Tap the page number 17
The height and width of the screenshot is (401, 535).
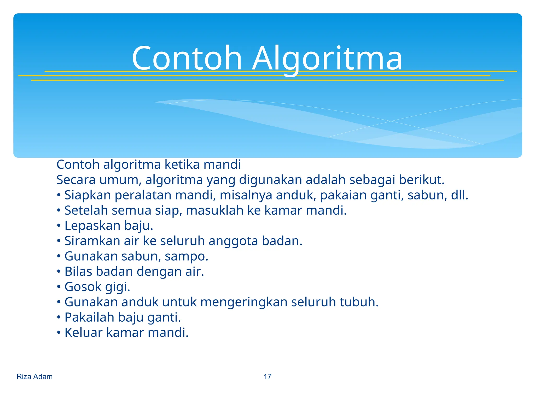tap(267, 376)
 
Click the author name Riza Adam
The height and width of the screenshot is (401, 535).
tap(34, 376)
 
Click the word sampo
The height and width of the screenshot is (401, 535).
tap(186, 256)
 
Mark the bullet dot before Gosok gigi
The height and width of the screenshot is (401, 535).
tap(59, 287)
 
